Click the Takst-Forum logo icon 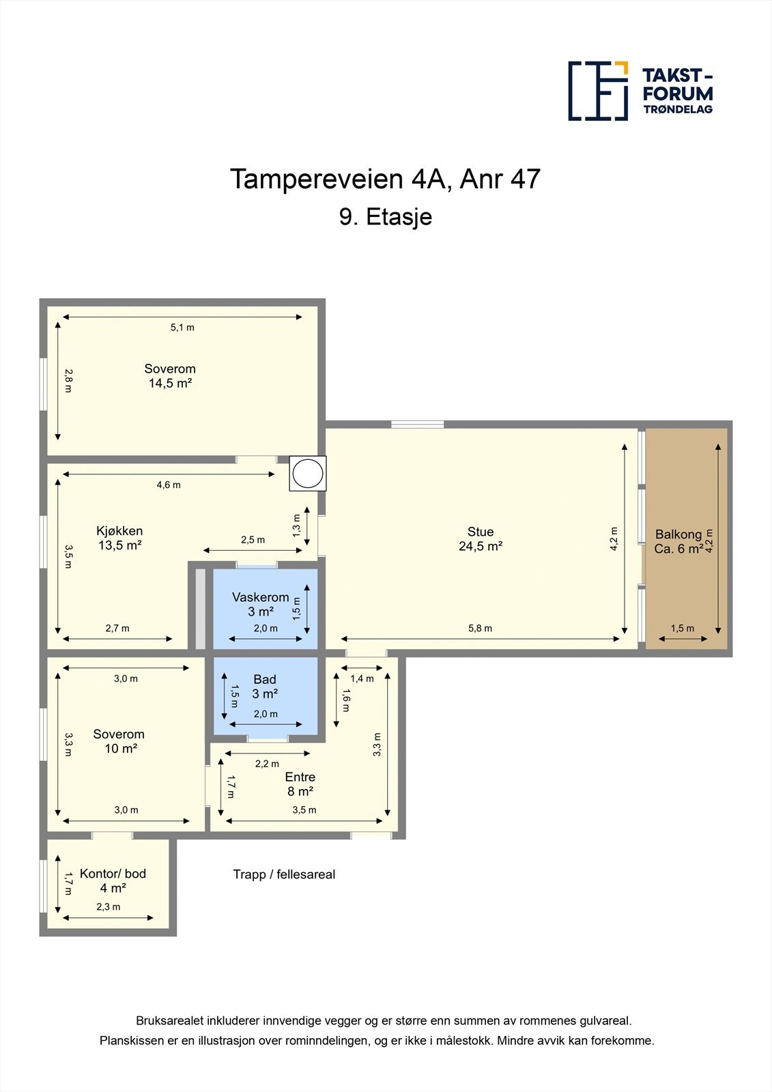598,91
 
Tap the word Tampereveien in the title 316,179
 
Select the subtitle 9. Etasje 386,217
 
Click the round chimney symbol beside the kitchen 308,473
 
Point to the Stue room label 481,532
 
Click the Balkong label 678,534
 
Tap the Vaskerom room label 261,597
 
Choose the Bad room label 265,679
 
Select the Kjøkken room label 119,531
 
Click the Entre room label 300,777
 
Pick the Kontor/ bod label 113,874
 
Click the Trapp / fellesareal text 284,874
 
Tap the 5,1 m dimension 182,328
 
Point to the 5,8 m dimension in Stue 481,629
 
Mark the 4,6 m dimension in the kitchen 169,485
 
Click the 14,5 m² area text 170,383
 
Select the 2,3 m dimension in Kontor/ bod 109,907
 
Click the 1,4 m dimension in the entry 362,678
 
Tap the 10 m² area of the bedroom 120,748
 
